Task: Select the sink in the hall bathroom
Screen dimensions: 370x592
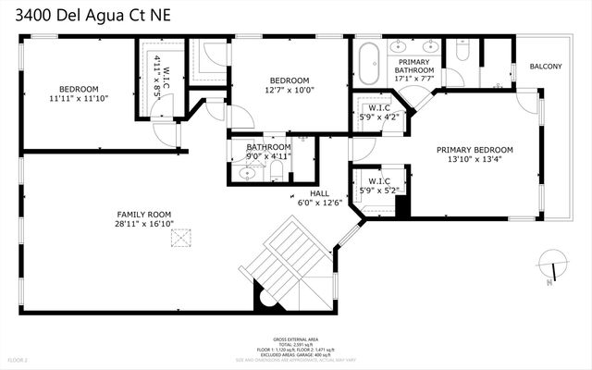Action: tap(248, 174)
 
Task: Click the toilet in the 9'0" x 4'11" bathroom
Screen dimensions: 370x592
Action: tap(295, 173)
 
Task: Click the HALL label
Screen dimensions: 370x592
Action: tap(319, 194)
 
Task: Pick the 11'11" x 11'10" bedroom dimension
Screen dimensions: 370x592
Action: tap(79, 96)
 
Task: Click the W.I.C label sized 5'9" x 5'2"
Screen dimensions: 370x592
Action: tap(378, 180)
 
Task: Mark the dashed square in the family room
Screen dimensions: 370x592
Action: tap(178, 240)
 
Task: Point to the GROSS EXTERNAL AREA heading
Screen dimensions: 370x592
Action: tap(295, 339)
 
